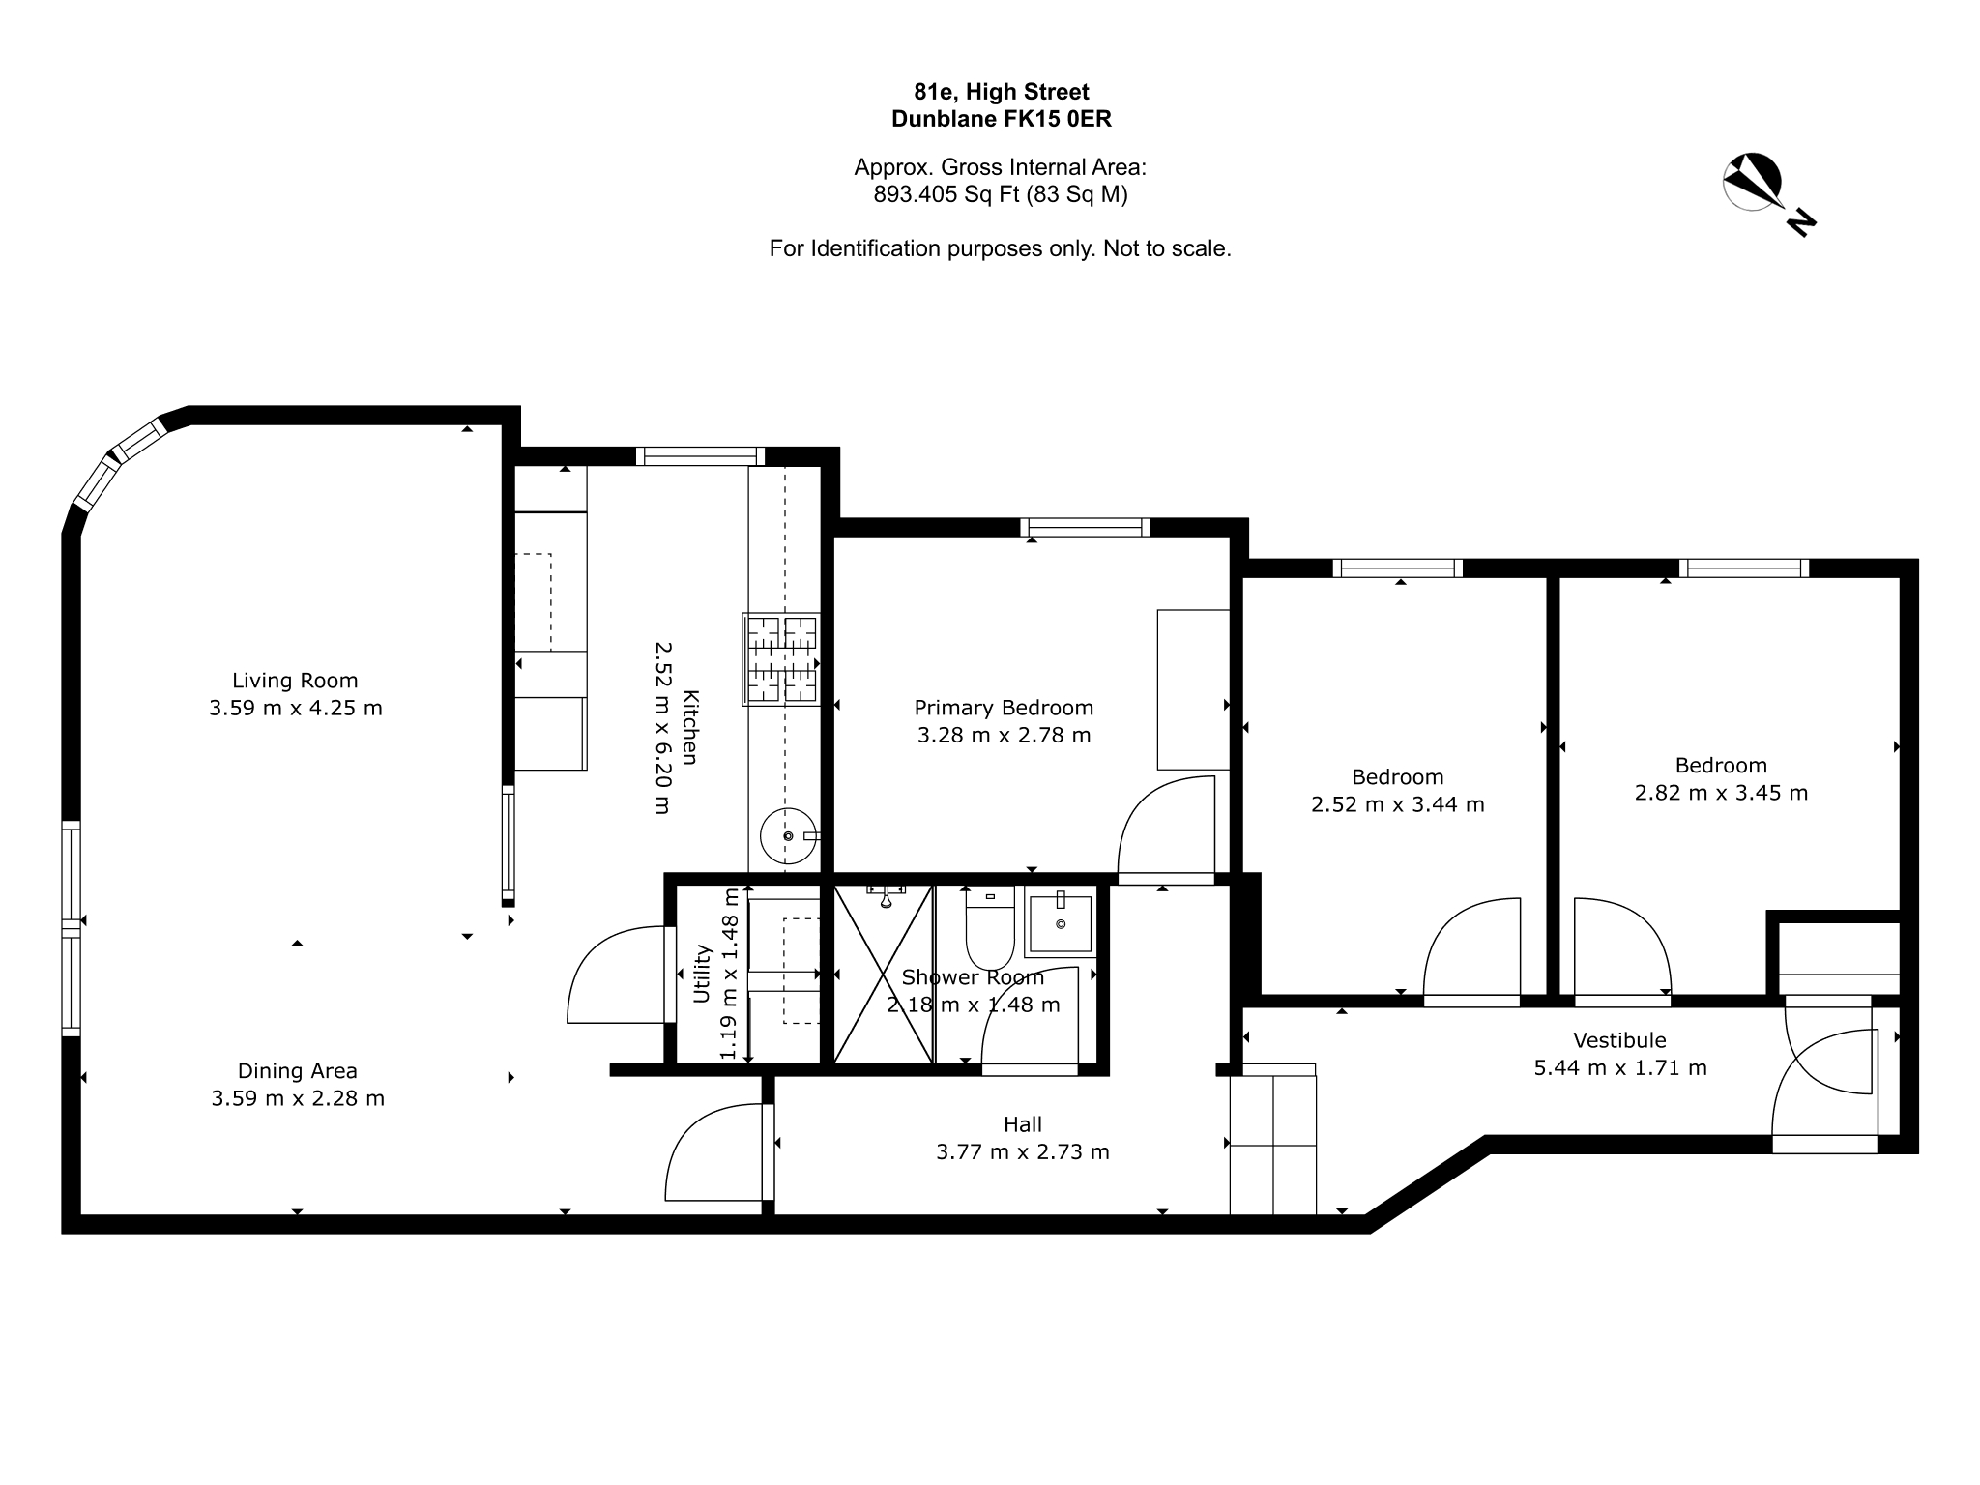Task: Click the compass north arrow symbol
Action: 1753,182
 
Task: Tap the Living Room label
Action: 295,681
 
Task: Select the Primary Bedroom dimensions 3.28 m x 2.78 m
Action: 1004,735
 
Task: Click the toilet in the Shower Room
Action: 989,928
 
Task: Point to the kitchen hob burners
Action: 781,658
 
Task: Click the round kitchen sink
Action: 788,835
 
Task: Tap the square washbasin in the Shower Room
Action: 1061,924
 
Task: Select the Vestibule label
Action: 1619,1040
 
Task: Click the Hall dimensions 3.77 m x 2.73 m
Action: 1023,1152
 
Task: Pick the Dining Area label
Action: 298,1071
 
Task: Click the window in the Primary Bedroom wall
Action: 1085,527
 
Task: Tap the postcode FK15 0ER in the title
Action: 1057,119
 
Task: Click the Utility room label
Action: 702,973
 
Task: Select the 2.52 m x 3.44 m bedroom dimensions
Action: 1398,804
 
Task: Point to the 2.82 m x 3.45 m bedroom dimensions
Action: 1721,793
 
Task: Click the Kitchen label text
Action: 689,727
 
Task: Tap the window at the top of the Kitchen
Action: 700,456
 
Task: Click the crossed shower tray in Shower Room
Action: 884,974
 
